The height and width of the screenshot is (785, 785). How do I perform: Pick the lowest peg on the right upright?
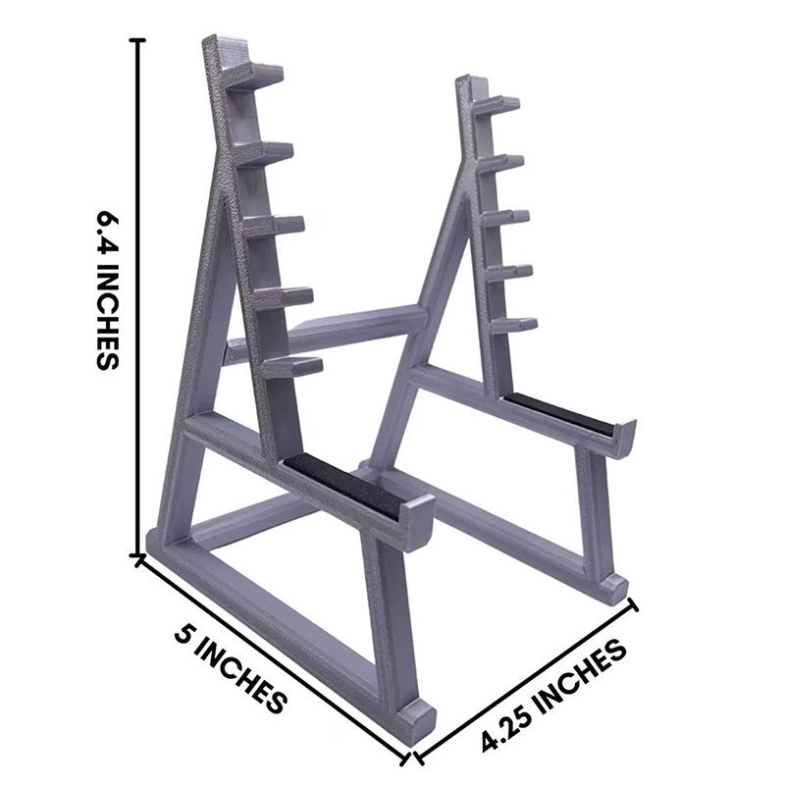pos(514,323)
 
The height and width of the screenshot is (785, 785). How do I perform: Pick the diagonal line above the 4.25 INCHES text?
pos(527,681)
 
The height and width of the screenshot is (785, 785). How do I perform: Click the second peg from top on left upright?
pos(265,152)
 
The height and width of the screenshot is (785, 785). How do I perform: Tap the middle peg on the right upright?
pos(506,216)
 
